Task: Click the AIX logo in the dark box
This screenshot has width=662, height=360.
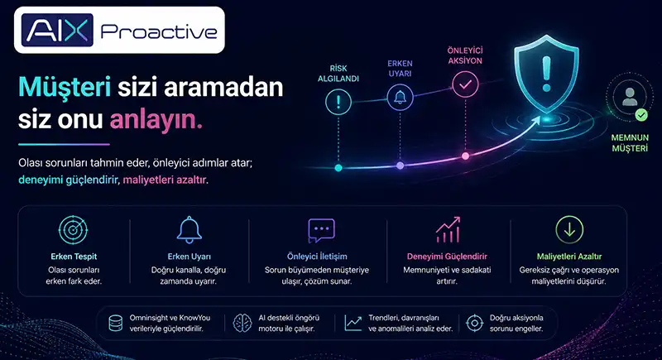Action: click(57, 30)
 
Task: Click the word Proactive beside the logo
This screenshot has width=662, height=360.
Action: click(159, 31)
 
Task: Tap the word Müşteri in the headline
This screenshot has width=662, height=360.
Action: click(65, 88)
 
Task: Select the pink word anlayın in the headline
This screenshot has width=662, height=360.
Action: click(156, 119)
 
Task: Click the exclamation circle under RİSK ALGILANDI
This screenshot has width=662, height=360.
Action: click(338, 102)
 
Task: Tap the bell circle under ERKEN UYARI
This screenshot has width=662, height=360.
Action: click(401, 98)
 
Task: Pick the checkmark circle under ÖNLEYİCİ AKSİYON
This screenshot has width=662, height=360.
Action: click(465, 84)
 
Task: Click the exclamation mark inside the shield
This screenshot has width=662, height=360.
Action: click(547, 74)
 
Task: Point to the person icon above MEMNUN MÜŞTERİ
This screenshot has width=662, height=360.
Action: click(630, 97)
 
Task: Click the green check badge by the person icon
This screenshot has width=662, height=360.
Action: click(641, 114)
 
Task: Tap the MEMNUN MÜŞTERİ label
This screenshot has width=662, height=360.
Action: click(630, 142)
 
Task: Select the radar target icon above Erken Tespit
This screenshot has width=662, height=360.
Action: click(73, 230)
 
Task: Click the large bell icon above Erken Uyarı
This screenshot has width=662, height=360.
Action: click(189, 230)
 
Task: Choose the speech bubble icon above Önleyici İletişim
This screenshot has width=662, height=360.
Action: click(321, 230)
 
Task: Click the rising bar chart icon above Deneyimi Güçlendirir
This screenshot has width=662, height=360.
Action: click(448, 230)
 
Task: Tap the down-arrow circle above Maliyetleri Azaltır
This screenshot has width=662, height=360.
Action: click(569, 230)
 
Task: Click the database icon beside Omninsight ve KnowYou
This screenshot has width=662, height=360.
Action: click(116, 324)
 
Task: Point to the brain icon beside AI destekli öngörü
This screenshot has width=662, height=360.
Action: click(242, 324)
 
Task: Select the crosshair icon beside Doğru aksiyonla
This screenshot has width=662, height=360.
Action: click(474, 324)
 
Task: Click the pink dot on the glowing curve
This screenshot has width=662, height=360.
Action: click(465, 156)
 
